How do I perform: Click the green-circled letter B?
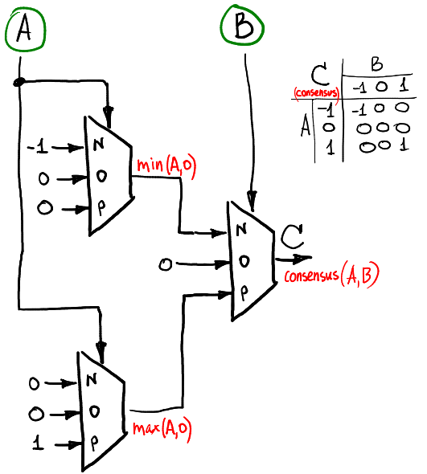pos(241,29)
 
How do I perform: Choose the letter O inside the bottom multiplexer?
pos(93,411)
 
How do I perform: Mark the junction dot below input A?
pos(19,80)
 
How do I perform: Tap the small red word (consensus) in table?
pos(315,93)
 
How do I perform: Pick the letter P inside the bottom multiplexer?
pos(93,442)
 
